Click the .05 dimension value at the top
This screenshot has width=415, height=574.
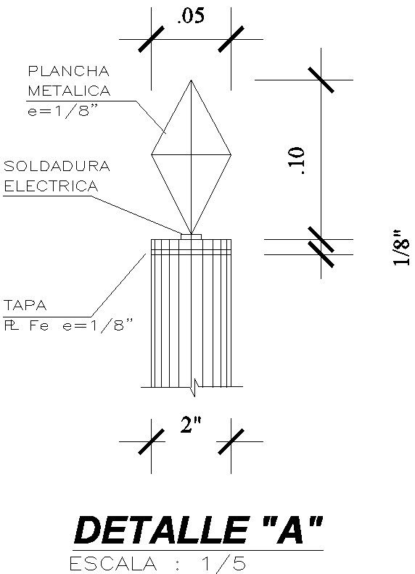pyautogui.click(x=191, y=17)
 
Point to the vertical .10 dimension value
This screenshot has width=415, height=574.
pyautogui.click(x=297, y=160)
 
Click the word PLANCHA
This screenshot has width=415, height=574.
pyautogui.click(x=68, y=71)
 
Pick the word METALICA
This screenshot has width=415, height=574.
pyautogui.click(x=69, y=91)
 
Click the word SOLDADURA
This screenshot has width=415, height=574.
pyautogui.click(x=57, y=166)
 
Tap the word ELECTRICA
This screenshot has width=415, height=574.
pyautogui.click(x=51, y=186)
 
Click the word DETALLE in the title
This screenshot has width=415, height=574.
pyautogui.click(x=160, y=531)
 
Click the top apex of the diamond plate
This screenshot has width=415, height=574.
pyautogui.click(x=191, y=80)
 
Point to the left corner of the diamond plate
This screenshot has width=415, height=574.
pyautogui.click(x=152, y=154)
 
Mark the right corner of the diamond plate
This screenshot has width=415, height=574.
pyautogui.click(x=231, y=154)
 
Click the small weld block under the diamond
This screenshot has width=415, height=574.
pyautogui.click(x=191, y=236)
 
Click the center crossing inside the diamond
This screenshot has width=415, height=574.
pyautogui.click(x=191, y=154)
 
